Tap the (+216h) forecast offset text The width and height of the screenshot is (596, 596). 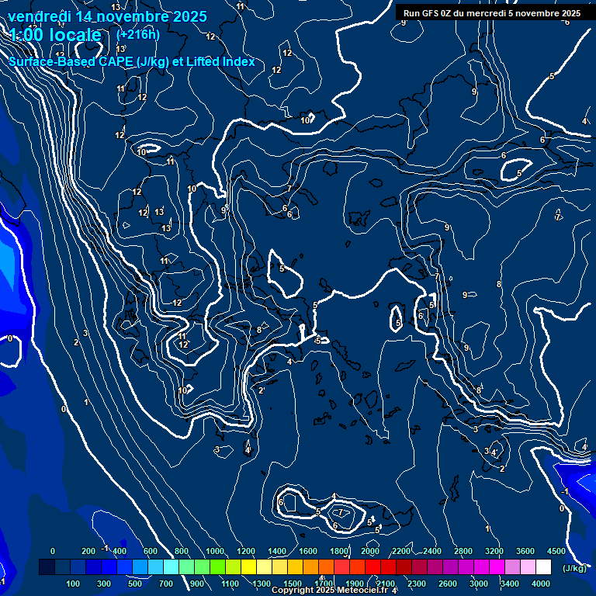pos(137,34)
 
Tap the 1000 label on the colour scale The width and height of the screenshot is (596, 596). pos(214,551)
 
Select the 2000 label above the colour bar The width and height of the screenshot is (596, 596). pos(369,551)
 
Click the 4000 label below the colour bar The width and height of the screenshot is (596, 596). pos(541,584)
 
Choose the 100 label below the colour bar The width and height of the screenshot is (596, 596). pos(74,584)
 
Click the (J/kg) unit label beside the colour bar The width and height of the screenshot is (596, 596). pos(573,569)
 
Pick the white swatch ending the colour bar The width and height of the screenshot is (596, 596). pos(542,568)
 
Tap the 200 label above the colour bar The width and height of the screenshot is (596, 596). pos(88,551)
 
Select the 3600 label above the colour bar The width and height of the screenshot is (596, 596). pos(525,551)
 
